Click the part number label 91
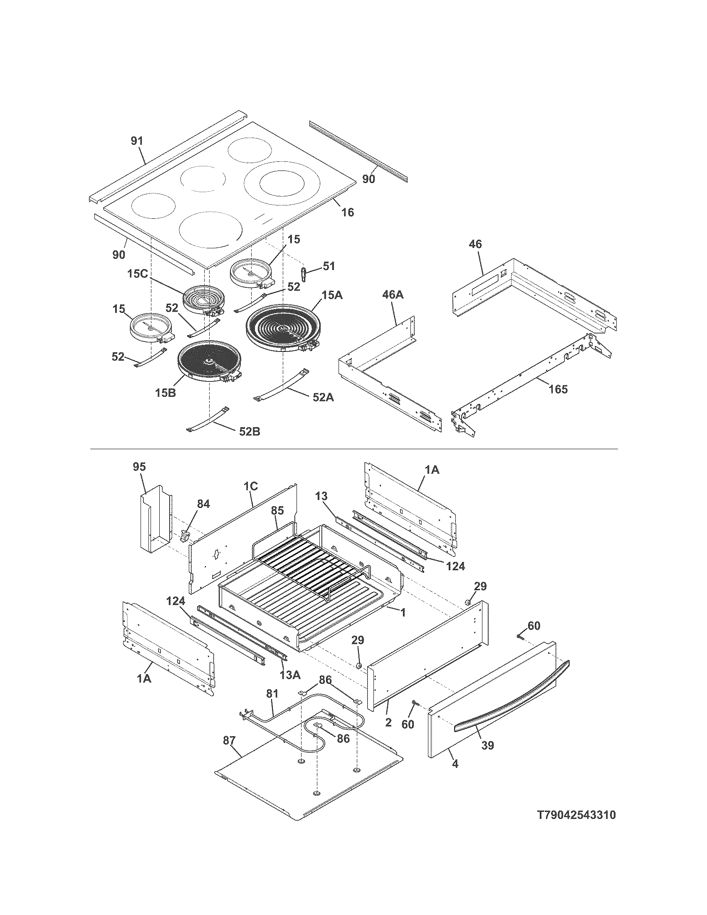(137, 141)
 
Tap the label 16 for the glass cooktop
(347, 212)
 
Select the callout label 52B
(250, 431)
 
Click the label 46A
(393, 294)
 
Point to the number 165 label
(558, 389)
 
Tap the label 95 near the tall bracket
(139, 467)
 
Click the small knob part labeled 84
(184, 536)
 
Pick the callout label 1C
(250, 487)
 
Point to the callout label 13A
(290, 675)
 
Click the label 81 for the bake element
(272, 694)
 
